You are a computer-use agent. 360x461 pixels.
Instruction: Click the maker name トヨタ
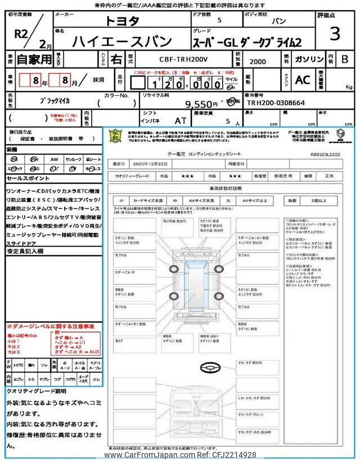click(x=121, y=21)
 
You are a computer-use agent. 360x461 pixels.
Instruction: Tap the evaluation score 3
click(x=335, y=34)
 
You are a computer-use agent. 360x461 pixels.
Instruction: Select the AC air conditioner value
click(x=303, y=80)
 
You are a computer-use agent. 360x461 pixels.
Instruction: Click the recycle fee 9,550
click(x=201, y=104)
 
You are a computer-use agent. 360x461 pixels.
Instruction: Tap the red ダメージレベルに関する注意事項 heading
click(x=51, y=326)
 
